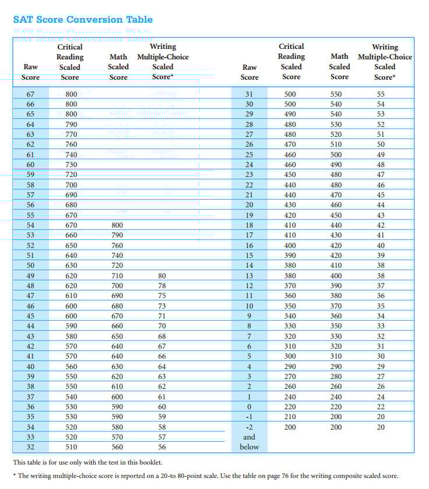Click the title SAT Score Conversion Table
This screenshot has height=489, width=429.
click(83, 19)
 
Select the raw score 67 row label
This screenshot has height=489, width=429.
click(30, 94)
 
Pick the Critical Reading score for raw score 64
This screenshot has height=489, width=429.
click(71, 124)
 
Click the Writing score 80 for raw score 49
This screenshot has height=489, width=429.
click(162, 275)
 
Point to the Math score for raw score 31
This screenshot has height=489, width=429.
click(339, 94)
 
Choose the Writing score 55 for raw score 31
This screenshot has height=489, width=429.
click(381, 94)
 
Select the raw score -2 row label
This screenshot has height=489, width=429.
click(249, 427)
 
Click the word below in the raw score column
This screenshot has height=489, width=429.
click(249, 447)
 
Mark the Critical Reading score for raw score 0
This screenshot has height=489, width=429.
click(290, 407)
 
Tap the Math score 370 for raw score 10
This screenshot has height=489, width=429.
click(339, 306)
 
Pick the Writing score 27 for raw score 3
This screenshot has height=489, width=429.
click(381, 376)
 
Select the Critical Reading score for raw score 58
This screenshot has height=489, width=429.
click(71, 185)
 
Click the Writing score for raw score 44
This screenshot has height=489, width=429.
click(162, 325)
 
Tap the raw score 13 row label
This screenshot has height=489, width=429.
click(249, 275)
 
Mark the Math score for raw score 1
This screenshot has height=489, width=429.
click(339, 396)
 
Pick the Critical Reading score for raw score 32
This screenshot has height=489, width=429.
click(71, 447)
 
